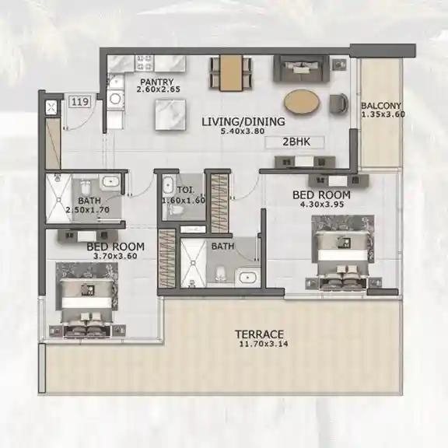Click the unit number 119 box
[79, 101]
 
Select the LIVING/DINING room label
[243, 122]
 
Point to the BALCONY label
[380, 107]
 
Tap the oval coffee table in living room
[301, 102]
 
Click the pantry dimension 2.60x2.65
[158, 89]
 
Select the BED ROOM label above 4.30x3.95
[320, 194]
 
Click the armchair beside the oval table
[340, 102]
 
